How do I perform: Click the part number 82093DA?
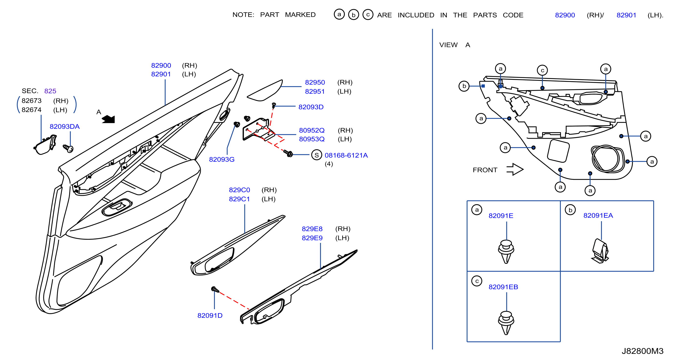[65, 126]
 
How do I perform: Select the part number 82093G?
[221, 159]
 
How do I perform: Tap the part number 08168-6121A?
[346, 155]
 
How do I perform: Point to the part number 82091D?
[210, 316]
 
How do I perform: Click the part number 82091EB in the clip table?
[503, 287]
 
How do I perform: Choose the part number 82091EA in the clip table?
[598, 216]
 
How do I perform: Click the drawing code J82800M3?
[642, 351]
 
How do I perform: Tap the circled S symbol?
[317, 155]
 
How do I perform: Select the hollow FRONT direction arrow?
[515, 169]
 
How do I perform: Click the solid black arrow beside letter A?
[109, 119]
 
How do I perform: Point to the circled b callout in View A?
[464, 86]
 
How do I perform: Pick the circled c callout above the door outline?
[542, 70]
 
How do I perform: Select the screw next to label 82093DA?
[68, 148]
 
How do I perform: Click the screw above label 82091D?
[215, 289]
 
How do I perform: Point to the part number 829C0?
[239, 190]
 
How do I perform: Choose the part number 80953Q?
[312, 139]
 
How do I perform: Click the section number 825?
[50, 91]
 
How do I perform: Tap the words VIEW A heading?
[455, 45]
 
